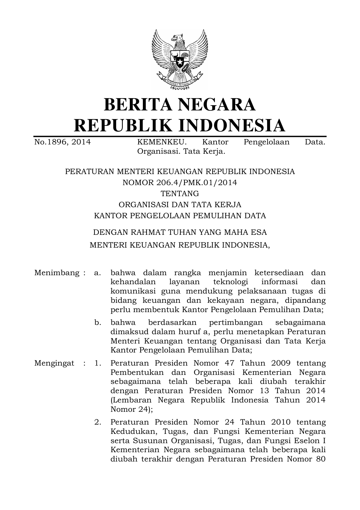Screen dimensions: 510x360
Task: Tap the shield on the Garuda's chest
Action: click(180, 60)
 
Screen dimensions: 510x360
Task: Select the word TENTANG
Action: click(180, 193)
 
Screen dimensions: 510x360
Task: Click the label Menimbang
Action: click(57, 273)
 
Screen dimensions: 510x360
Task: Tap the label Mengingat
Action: click(54, 363)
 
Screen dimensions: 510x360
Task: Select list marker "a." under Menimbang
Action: click(98, 273)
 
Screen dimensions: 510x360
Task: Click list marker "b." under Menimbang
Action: click(98, 323)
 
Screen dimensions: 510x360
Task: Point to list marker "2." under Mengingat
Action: click(98, 422)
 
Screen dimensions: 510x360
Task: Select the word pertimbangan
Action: click(236, 323)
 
